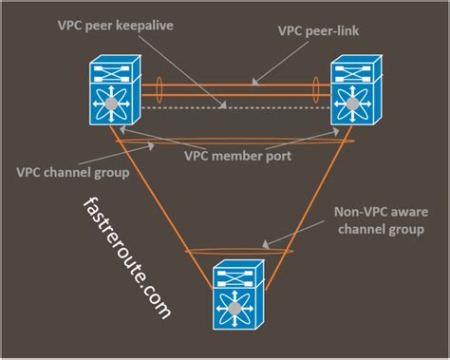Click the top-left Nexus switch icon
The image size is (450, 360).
[x=113, y=91]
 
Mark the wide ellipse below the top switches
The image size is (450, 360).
[x=235, y=142]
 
